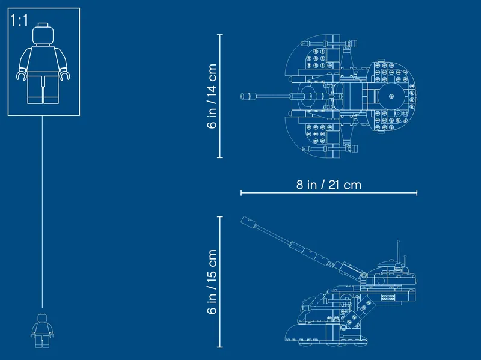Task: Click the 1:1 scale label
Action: (19, 20)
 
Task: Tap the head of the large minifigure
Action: (43, 34)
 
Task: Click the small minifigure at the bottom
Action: (42, 331)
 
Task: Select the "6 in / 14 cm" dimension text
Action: (212, 96)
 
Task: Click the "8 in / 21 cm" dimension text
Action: (329, 185)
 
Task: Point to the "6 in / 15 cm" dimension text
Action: (212, 281)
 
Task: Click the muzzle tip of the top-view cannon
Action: (242, 96)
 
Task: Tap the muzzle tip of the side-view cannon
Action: (244, 220)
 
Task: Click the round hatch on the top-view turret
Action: (391, 96)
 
